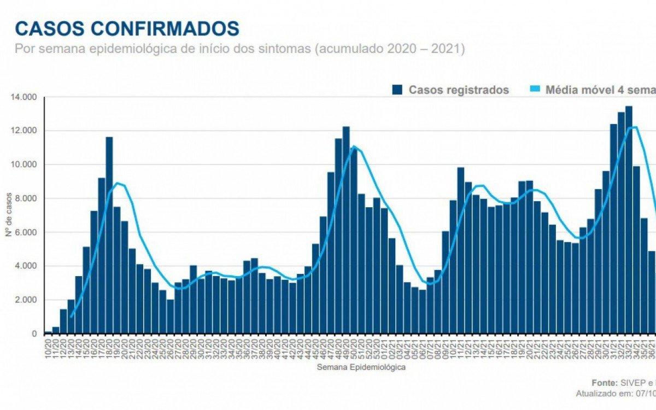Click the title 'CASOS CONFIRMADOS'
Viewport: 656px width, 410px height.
(x=127, y=28)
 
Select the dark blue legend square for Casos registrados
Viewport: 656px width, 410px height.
(x=397, y=90)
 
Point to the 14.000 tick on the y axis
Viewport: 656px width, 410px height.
(x=24, y=97)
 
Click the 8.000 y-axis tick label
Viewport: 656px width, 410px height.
(x=25, y=198)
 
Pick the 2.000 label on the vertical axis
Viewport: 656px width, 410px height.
(x=25, y=300)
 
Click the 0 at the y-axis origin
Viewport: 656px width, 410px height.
(x=34, y=333)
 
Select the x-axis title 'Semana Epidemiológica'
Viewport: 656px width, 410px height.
(x=361, y=367)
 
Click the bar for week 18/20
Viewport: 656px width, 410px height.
(x=109, y=235)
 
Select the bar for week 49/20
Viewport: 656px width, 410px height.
(x=346, y=230)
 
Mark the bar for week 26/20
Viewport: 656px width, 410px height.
(x=171, y=317)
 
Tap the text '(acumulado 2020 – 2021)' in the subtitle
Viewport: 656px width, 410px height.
(x=390, y=49)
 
